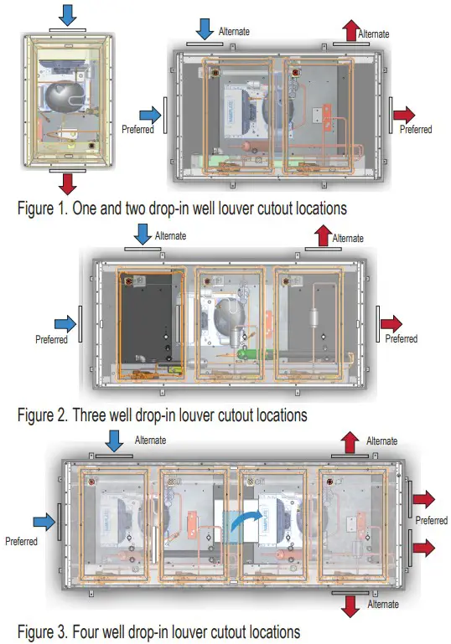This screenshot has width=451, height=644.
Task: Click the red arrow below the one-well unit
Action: [67, 183]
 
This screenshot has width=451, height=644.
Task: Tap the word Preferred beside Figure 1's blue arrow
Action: [137, 129]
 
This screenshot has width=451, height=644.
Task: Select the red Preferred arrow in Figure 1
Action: [404, 115]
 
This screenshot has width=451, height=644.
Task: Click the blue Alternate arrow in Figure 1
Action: [205, 30]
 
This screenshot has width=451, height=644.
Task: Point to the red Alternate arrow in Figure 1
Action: [351, 30]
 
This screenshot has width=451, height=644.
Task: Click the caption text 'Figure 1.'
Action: [42, 209]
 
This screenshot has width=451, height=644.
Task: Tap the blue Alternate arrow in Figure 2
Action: [143, 234]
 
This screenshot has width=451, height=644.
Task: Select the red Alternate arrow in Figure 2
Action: [323, 235]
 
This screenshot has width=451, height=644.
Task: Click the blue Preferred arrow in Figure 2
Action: [65, 323]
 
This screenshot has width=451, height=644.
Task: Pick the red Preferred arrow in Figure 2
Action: [391, 323]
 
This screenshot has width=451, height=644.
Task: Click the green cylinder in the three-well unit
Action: [255, 353]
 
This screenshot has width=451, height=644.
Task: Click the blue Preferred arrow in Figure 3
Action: [44, 522]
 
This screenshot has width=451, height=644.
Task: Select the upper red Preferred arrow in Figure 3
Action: [424, 499]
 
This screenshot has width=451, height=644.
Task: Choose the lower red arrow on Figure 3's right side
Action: [424, 548]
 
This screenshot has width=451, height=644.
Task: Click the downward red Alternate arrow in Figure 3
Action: [350, 606]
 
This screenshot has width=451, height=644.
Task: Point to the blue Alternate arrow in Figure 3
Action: [114, 441]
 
